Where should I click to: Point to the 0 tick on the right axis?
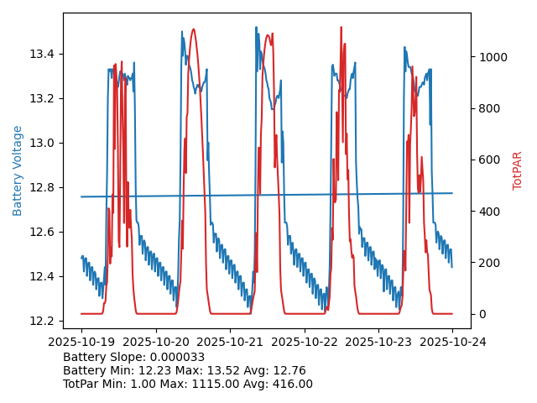(x=480, y=314)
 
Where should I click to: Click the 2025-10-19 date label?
(x=81, y=343)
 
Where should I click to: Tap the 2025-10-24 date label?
(x=452, y=343)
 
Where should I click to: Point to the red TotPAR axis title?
(x=518, y=170)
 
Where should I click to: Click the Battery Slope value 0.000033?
(x=176, y=358)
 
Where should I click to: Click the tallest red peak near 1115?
(x=341, y=28)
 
